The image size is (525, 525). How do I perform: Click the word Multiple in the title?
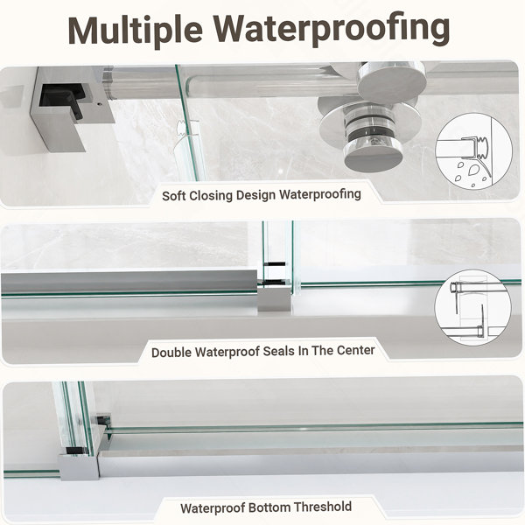click(x=136, y=30)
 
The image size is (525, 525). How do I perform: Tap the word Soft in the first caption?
click(x=174, y=195)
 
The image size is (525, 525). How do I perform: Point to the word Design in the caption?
click(x=256, y=195)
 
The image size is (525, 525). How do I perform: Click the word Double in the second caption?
click(x=171, y=353)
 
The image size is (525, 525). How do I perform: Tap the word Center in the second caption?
click(x=355, y=350)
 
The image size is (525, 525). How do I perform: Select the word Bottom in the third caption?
click(x=270, y=507)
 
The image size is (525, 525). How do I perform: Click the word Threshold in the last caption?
click(x=324, y=507)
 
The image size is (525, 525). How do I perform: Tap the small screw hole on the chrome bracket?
click(x=99, y=104)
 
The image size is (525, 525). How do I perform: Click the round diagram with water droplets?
click(x=473, y=151)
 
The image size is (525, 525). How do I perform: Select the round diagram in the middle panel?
click(x=473, y=307)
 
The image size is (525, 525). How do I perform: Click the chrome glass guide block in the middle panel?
click(x=274, y=298)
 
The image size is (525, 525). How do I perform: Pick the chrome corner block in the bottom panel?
click(x=79, y=466)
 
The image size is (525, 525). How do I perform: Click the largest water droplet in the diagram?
click(x=475, y=170)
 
